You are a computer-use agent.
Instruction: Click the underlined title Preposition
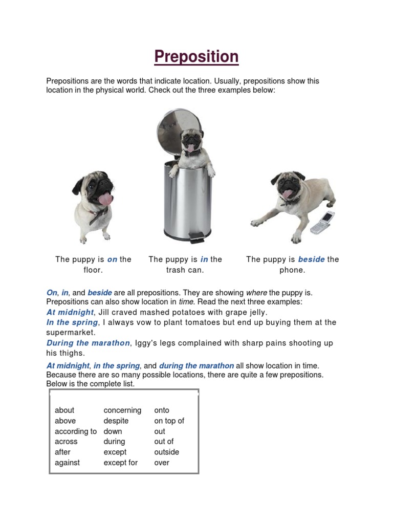coord(196,56)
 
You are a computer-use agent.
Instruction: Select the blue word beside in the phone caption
coord(311,259)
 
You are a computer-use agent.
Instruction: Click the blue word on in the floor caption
coord(112,259)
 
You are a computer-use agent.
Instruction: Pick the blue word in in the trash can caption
coord(204,259)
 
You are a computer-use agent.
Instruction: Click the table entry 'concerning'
coord(122,410)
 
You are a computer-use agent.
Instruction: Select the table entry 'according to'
coord(76,431)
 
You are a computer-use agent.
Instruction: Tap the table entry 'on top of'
coord(169,421)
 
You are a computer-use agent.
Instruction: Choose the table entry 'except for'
coord(120,463)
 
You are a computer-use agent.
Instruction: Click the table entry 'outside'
coord(167,452)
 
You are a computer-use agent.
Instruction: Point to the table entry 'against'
coord(67,463)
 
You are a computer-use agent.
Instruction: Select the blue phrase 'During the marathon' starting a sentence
coord(88,343)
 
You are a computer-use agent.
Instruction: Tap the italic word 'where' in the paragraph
coord(256,293)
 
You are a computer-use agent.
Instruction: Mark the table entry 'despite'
coord(116,421)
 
